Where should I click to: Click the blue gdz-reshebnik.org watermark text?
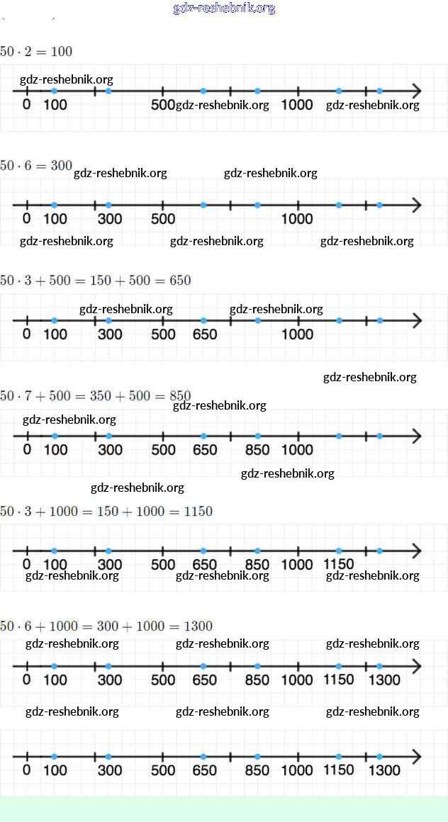tap(224, 9)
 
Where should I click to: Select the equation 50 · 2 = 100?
tap(36, 52)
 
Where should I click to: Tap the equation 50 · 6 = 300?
tap(36, 166)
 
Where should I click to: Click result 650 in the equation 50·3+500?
tap(181, 281)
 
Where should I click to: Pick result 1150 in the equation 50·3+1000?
tap(198, 512)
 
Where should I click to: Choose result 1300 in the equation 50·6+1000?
tap(198, 626)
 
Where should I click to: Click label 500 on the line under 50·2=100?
tap(163, 105)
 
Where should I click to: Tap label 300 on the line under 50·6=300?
tap(110, 219)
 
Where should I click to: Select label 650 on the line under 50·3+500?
tap(205, 334)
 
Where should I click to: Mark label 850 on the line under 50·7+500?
tap(257, 449)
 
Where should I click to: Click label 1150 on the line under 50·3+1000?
tap(339, 564)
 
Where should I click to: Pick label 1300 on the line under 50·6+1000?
tap(384, 680)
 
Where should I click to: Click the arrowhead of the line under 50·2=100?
tap(416, 91)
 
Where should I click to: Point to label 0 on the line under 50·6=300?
tap(27, 219)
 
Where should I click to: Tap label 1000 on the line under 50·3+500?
tap(297, 334)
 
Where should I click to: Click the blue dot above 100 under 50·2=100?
tap(55, 91)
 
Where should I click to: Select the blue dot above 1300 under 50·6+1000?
tap(379, 666)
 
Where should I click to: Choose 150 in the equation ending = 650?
tap(101, 281)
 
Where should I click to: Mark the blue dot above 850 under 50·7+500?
tap(257, 436)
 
